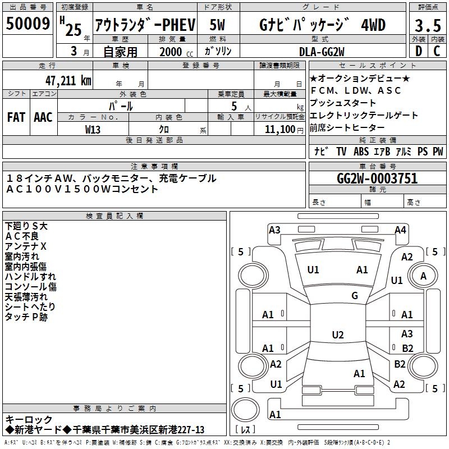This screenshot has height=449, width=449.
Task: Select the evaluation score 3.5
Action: pos(428,26)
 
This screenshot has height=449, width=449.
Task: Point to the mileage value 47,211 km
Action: pos(65,80)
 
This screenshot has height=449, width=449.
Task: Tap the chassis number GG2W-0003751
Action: pos(377,178)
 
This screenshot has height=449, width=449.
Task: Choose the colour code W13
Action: pos(93,129)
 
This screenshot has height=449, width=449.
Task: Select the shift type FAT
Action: pos(16,117)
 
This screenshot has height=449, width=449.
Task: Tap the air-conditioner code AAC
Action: pos(43,117)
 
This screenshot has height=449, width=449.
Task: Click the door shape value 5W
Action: pos(218,25)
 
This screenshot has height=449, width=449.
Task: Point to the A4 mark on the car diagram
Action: pos(400,230)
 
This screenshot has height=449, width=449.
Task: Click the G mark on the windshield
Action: pos(355,296)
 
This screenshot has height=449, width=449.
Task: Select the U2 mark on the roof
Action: pos(337,335)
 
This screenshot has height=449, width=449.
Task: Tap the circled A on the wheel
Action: pos(423,276)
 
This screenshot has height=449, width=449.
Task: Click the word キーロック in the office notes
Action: pos(29,419)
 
